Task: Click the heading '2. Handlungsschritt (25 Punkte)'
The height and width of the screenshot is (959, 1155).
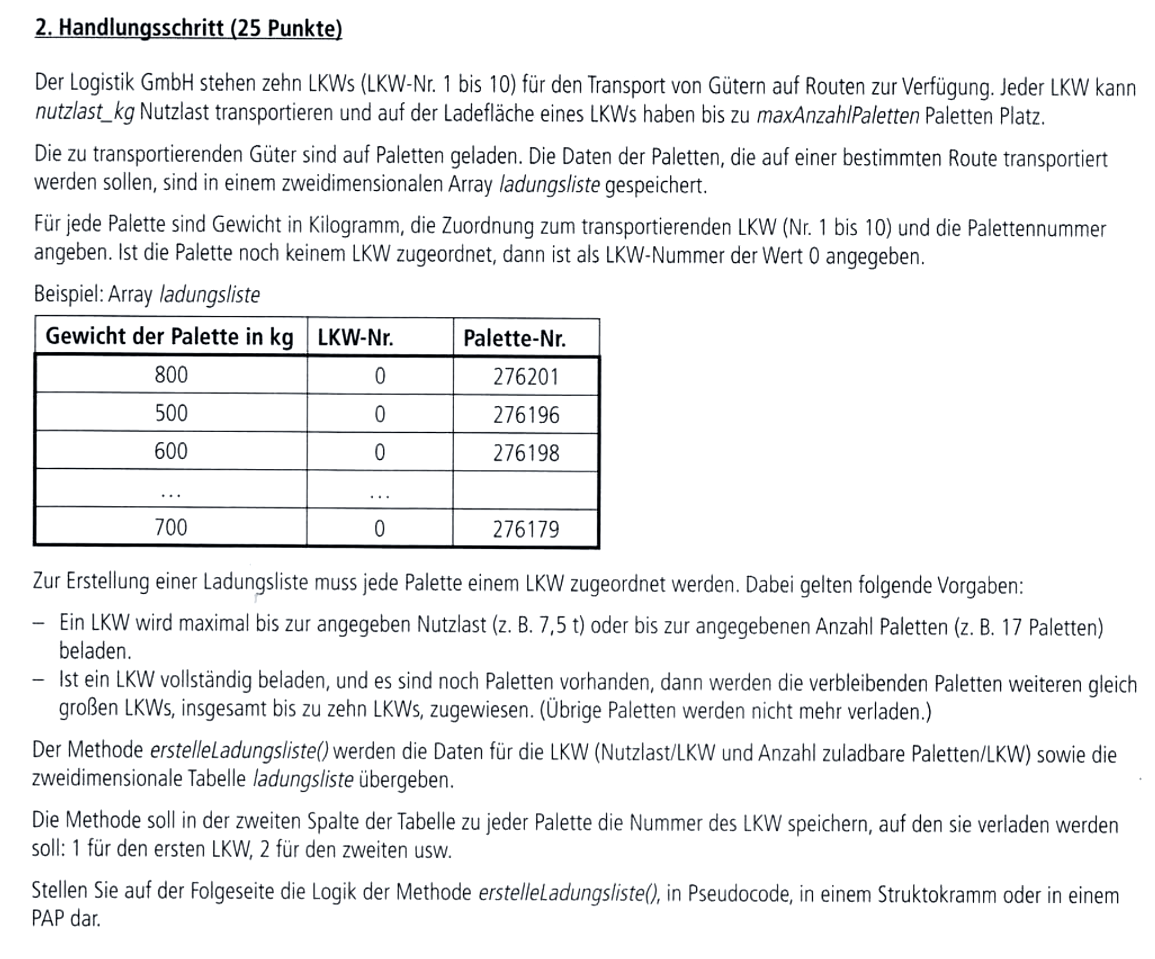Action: coord(188,28)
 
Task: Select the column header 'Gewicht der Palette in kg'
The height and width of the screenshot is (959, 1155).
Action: coord(169,337)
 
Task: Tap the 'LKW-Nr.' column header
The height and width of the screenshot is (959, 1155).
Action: coord(355,338)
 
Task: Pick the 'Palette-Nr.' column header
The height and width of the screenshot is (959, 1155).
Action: coord(514,338)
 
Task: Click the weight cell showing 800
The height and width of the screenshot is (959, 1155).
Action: coord(171,375)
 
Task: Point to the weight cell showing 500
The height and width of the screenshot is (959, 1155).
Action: coord(171,413)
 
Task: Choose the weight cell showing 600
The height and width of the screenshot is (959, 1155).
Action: coord(171,451)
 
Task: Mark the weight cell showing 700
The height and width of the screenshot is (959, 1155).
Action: coord(171,527)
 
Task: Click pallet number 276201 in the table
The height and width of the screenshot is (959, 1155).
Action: coord(526,377)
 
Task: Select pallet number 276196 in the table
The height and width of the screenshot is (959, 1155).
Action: coord(526,415)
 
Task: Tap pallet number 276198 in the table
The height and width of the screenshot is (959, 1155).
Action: coord(526,452)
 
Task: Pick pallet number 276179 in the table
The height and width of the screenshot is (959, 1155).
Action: coord(526,529)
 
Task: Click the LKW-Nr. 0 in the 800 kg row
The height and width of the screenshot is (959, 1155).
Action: coord(380,376)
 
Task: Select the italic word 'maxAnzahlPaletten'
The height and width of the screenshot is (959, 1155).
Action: coord(838,116)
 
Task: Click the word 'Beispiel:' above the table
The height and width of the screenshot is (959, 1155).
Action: coord(68,294)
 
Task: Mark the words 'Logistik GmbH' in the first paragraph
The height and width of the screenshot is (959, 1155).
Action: coord(132,83)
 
